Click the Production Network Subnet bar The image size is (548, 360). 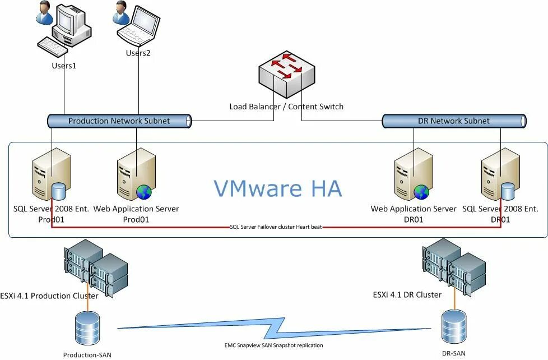pos(119,121)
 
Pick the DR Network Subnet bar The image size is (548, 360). pos(454,121)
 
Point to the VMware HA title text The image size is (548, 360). pos(277,188)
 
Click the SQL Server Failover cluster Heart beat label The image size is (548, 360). pos(276,227)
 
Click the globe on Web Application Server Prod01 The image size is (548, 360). pos(144,192)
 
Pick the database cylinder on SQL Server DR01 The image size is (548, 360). pos(508,191)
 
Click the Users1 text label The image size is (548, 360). pos(64,66)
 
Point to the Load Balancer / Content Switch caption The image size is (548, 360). pos(286,106)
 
